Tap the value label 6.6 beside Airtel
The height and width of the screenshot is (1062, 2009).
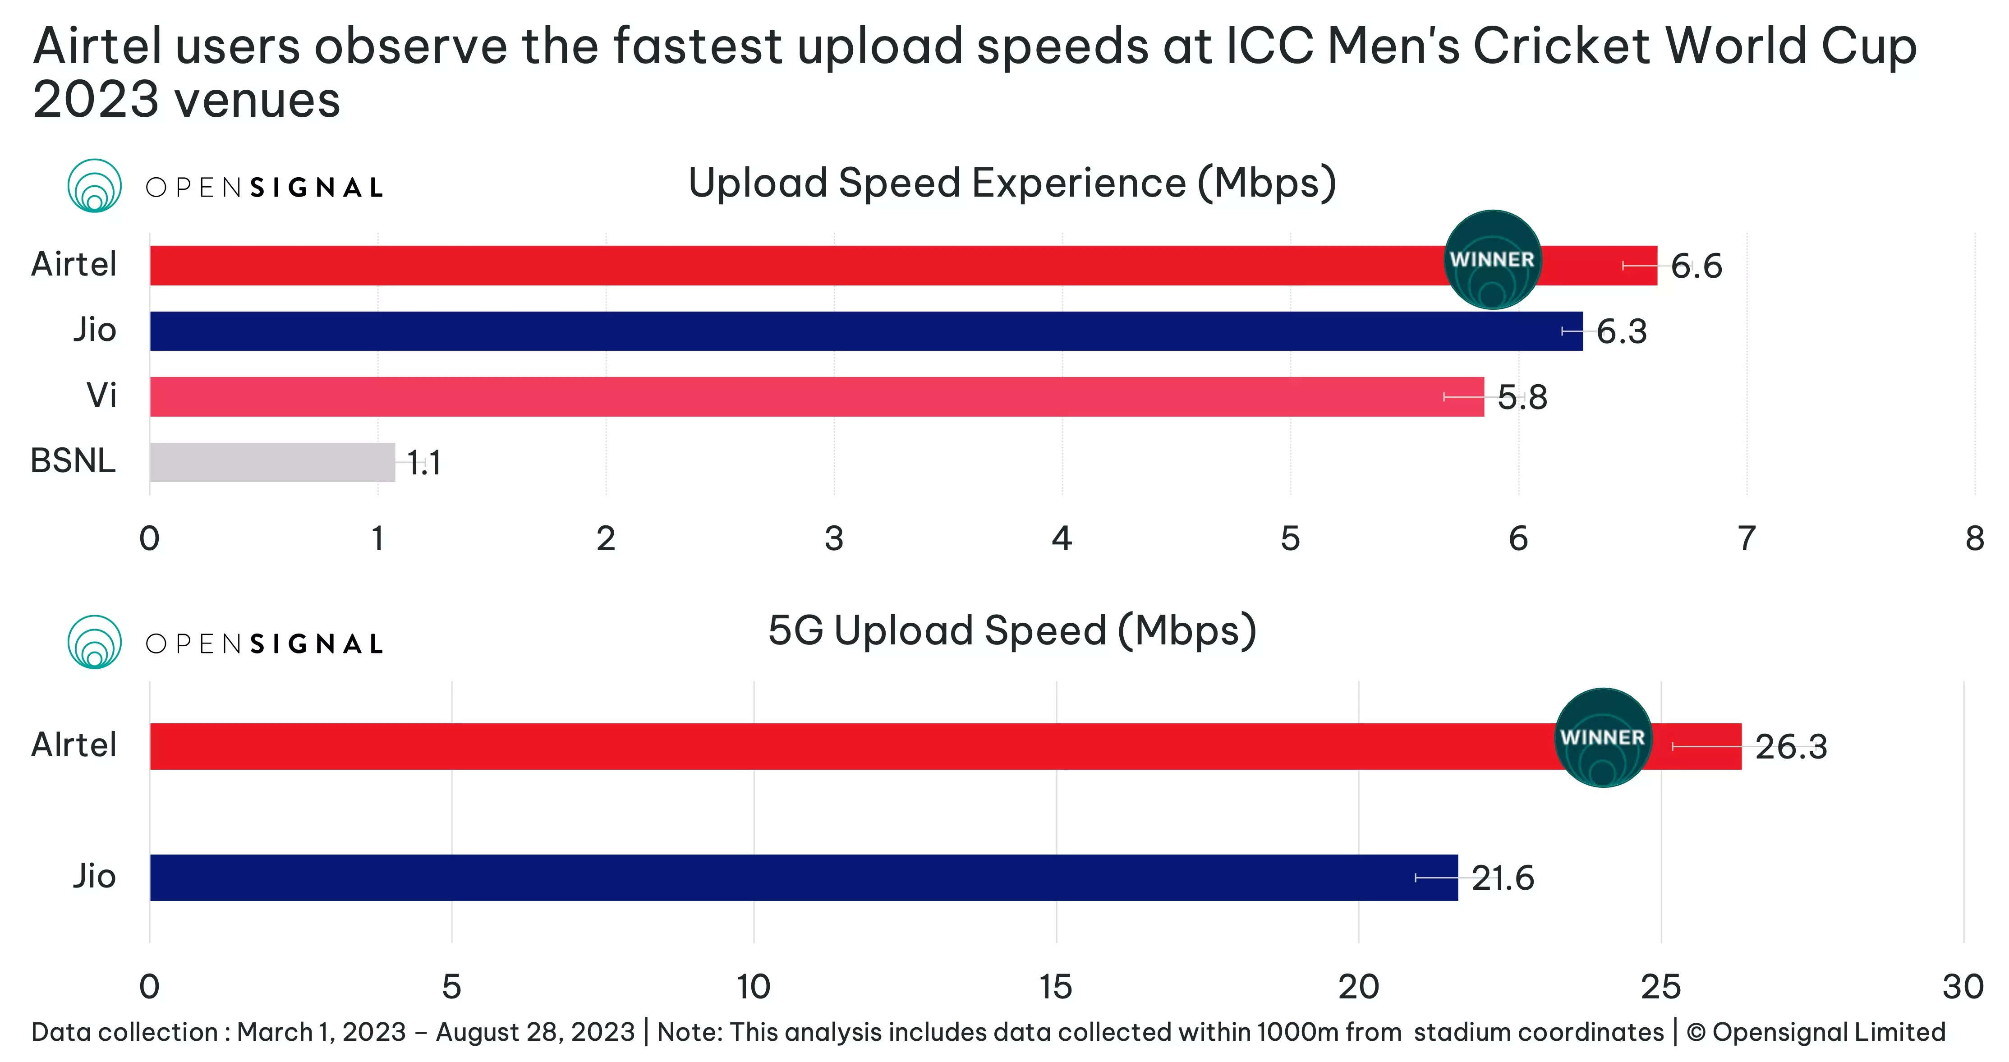(1696, 267)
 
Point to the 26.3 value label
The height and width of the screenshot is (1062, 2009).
(1791, 747)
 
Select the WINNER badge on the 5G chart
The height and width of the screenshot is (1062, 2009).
(1603, 738)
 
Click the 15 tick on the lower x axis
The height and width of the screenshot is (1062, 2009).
(1056, 987)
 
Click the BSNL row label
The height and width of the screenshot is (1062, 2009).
(74, 461)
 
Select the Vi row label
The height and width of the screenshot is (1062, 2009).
(101, 395)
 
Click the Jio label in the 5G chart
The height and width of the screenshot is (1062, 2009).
(94, 876)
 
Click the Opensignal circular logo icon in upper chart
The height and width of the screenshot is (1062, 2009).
(94, 186)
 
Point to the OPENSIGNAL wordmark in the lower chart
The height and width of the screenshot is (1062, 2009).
(264, 644)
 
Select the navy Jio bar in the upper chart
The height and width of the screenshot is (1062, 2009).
(866, 331)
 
